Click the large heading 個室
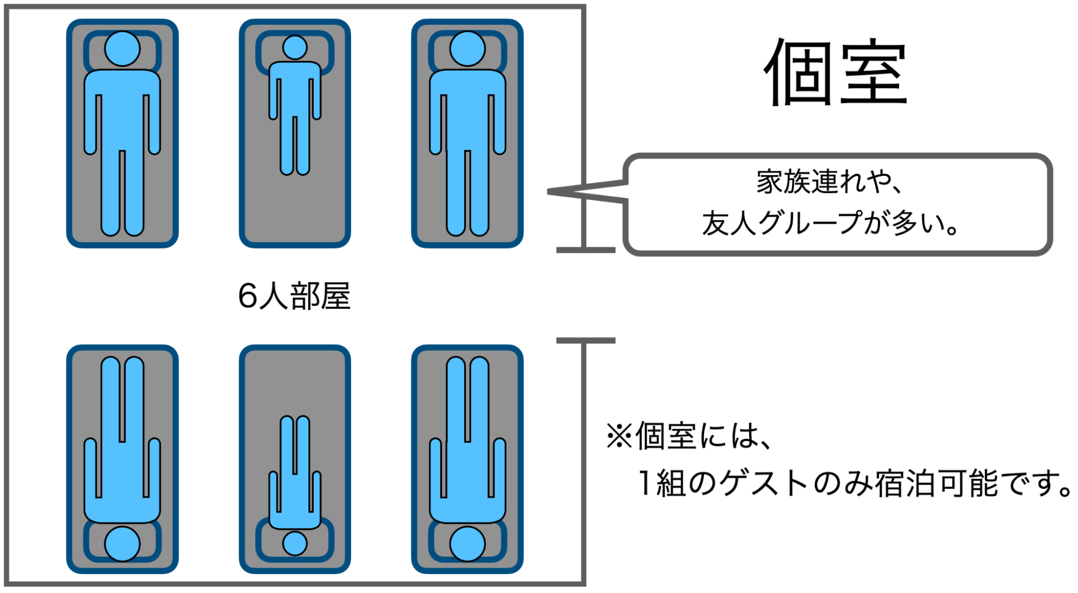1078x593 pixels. point(836,73)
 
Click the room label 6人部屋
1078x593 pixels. point(294,296)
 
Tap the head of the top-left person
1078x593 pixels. point(122,49)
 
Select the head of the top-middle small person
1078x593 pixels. point(295,47)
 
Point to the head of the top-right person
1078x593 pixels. point(468,49)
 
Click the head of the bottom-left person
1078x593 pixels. point(122,543)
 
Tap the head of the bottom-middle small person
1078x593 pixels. point(295,543)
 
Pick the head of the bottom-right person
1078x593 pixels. point(468,543)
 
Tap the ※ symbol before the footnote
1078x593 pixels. point(619,436)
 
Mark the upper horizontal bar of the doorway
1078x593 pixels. point(586,250)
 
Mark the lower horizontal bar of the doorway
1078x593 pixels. point(586,341)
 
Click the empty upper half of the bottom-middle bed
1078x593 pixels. point(295,380)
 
